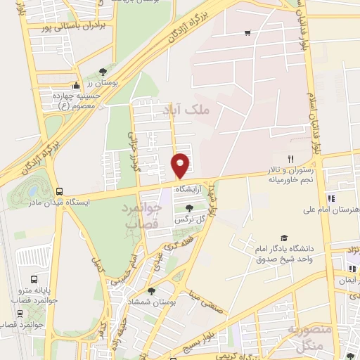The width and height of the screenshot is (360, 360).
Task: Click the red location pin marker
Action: (181, 165)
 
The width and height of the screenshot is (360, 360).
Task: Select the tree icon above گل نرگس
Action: (188, 207)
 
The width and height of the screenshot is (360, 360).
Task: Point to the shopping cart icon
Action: (247, 32)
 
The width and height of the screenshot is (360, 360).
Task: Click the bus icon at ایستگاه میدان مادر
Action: (59, 191)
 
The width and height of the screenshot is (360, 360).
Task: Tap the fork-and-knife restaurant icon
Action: (290, 159)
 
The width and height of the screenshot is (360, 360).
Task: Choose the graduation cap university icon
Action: (283, 238)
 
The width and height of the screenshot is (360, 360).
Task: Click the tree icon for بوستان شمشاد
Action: (151, 290)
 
